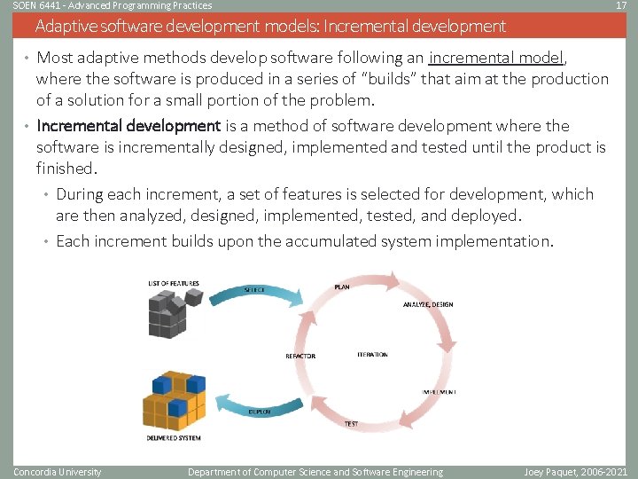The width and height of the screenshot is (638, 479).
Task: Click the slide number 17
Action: (x=619, y=5)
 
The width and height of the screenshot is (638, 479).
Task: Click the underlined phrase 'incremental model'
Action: (x=496, y=59)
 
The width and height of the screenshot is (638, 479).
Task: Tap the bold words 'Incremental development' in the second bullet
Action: (x=128, y=126)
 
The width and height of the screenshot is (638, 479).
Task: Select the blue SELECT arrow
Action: (x=265, y=290)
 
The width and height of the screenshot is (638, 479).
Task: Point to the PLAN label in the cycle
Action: (x=342, y=287)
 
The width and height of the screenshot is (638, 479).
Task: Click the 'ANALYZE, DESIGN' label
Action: (x=428, y=304)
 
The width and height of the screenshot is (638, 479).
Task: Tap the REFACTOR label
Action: (x=300, y=356)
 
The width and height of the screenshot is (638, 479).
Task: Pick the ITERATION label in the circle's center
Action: (x=372, y=355)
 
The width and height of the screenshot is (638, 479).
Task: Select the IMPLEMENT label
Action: (x=439, y=391)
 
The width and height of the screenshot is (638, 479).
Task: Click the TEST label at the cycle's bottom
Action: (x=352, y=424)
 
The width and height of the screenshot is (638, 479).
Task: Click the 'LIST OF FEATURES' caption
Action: (x=174, y=284)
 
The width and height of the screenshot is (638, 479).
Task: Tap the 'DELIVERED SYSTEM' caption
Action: (x=174, y=438)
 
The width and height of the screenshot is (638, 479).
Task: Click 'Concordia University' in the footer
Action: (x=58, y=472)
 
